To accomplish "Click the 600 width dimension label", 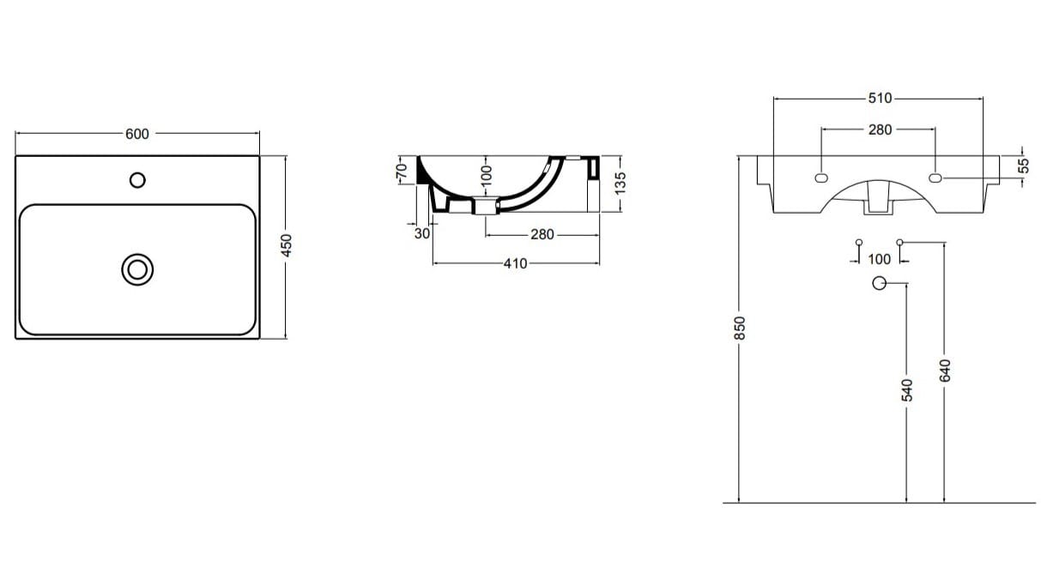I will [x=137, y=134].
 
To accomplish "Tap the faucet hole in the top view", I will [x=136, y=180].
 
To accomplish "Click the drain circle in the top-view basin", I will [x=136, y=269].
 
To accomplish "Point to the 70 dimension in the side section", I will [x=401, y=171].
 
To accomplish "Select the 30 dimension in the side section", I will [x=421, y=233].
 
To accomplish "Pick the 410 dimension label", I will [x=515, y=263].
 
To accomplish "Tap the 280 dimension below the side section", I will [x=542, y=234].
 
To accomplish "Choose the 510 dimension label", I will [x=880, y=99].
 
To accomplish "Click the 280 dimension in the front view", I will [x=880, y=130].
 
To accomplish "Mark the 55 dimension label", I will [x=1023, y=166].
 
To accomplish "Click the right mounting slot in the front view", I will [x=935, y=178].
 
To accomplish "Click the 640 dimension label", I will [x=945, y=371].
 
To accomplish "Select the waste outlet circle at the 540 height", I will [x=879, y=284].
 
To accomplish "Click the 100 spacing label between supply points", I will [x=880, y=259].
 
